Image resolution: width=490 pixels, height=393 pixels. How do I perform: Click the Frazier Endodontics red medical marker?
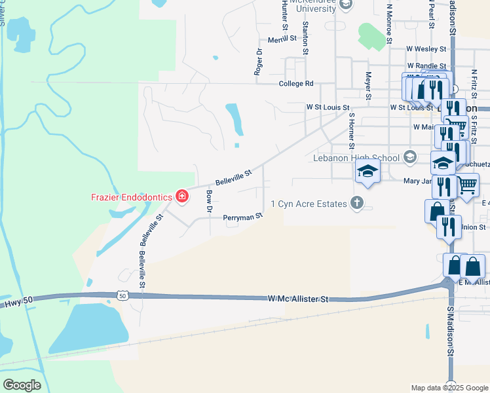click(181, 196)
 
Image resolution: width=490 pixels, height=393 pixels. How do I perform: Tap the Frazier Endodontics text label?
click(130, 196)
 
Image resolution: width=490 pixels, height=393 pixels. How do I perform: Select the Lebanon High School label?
click(356, 158)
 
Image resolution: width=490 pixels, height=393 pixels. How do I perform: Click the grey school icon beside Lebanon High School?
click(409, 157)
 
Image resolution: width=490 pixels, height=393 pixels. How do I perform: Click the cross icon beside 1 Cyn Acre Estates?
click(357, 202)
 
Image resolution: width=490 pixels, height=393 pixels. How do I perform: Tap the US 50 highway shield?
click(122, 296)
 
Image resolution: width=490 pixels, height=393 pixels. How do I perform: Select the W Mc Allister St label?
click(297, 299)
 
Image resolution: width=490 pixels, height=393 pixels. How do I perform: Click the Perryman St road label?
click(242, 216)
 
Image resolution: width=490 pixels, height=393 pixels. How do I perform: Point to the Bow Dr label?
click(209, 201)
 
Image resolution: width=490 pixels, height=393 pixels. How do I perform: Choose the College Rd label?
click(296, 84)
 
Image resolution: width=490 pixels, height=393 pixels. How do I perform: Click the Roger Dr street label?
click(259, 62)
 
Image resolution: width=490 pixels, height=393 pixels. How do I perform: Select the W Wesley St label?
click(426, 48)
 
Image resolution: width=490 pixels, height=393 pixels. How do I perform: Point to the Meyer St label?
click(368, 85)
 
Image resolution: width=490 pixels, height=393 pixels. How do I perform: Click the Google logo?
click(22, 384)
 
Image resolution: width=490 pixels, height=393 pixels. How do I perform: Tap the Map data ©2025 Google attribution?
click(449, 388)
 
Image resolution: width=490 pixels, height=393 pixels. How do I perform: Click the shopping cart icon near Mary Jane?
click(468, 185)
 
